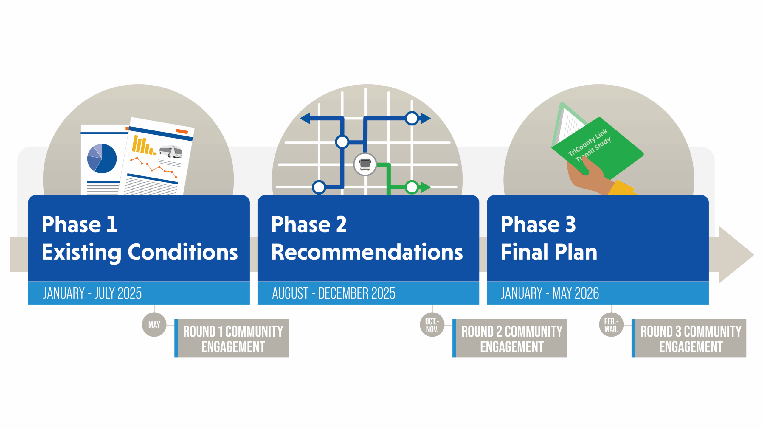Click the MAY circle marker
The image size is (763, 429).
[154, 325]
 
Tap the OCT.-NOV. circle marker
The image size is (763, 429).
[432, 325]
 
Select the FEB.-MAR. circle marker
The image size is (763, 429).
[611, 325]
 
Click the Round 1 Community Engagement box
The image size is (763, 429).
[232, 338]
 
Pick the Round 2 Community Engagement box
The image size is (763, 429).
[510, 338]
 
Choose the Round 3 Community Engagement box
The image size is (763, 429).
[689, 338]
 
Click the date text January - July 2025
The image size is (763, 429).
[92, 293]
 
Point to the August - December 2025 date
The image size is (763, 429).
[334, 293]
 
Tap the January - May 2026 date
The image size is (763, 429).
[550, 293]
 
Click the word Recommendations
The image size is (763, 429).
[367, 252]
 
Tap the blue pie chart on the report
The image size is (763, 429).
[102, 158]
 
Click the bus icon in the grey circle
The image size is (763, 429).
[365, 164]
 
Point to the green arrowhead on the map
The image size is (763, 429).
[425, 187]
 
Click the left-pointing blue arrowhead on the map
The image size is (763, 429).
[305, 118]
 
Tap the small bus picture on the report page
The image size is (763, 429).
[170, 151]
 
